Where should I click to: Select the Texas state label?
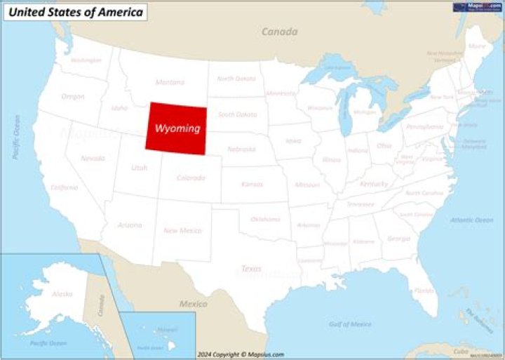pos(251,268)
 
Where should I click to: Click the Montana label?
pos(170,82)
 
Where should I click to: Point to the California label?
pos(64,187)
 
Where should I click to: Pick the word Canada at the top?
pos(279,32)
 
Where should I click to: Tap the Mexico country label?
pos(193,304)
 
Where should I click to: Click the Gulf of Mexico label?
pos(349,324)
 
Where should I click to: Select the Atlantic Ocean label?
pos(471,220)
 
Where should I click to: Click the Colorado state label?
pos(191,178)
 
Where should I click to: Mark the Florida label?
pos(423,290)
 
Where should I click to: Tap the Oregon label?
pos(73,96)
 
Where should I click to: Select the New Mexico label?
pos(182,230)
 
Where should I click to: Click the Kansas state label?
pos(252,184)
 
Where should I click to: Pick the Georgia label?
pos(398,239)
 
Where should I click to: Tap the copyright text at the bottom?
pos(241,354)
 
